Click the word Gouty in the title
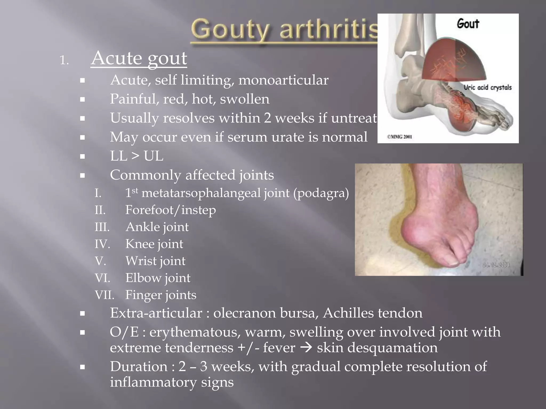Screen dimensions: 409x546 (230, 30)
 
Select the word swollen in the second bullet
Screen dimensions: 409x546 (244, 99)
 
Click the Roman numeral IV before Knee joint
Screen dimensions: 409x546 (102, 244)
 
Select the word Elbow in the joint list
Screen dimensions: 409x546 (142, 278)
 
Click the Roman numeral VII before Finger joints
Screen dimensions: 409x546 (104, 295)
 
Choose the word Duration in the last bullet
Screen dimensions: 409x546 (139, 366)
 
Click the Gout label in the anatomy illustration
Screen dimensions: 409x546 (468, 24)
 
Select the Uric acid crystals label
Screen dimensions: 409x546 (488, 88)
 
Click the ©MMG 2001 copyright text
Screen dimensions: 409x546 (399, 137)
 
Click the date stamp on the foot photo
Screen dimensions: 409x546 (496, 265)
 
